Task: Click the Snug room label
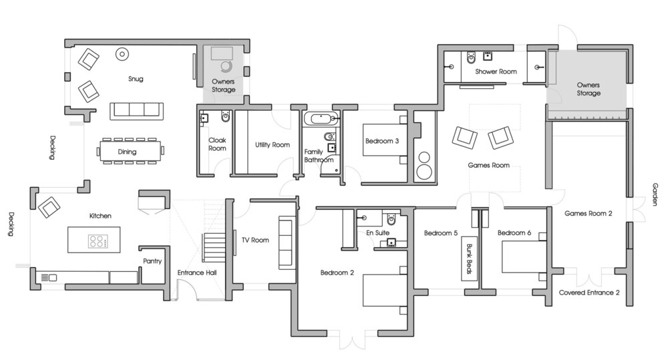(x=136, y=79)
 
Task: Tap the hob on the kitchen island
(x=98, y=241)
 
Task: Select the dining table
(x=131, y=151)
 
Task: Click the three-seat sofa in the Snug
(x=137, y=111)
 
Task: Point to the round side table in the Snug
(x=122, y=53)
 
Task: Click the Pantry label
(x=152, y=261)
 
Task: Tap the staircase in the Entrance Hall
(x=211, y=247)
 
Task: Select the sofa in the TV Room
(x=287, y=242)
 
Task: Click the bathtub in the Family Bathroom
(x=322, y=118)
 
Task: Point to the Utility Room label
(x=273, y=145)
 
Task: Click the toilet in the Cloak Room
(x=226, y=116)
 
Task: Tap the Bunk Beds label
(x=469, y=258)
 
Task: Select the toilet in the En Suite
(x=391, y=219)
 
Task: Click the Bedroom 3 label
(x=382, y=141)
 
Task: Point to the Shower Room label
(x=496, y=71)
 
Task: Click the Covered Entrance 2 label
(x=589, y=293)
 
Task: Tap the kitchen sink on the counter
(x=49, y=278)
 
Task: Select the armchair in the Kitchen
(x=49, y=207)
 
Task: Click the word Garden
(x=655, y=194)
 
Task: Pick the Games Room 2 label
(x=589, y=214)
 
